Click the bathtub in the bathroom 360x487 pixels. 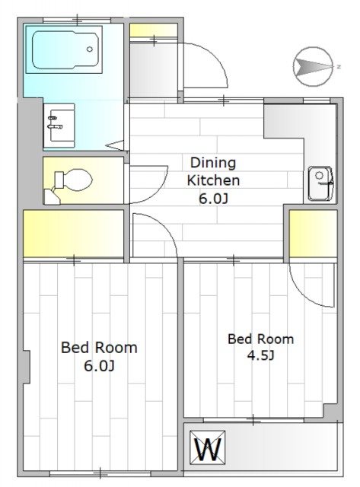[x=66, y=49]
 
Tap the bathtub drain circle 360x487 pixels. [x=90, y=49]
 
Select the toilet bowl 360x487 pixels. [x=78, y=180]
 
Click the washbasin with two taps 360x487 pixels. [x=59, y=125]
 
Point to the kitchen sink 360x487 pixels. [x=320, y=183]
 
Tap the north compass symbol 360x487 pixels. [x=314, y=66]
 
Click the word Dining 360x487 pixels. [x=213, y=163]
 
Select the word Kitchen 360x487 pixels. [x=213, y=180]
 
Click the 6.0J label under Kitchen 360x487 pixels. [x=213, y=199]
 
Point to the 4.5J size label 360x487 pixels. [x=260, y=355]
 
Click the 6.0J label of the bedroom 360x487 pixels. [x=99, y=366]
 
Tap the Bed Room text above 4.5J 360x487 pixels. [x=260, y=339]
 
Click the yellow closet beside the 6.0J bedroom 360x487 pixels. [x=74, y=234]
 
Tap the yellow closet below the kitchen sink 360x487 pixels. [x=313, y=234]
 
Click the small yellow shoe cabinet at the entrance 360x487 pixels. [x=153, y=30]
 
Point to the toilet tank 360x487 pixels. [x=59, y=180]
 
